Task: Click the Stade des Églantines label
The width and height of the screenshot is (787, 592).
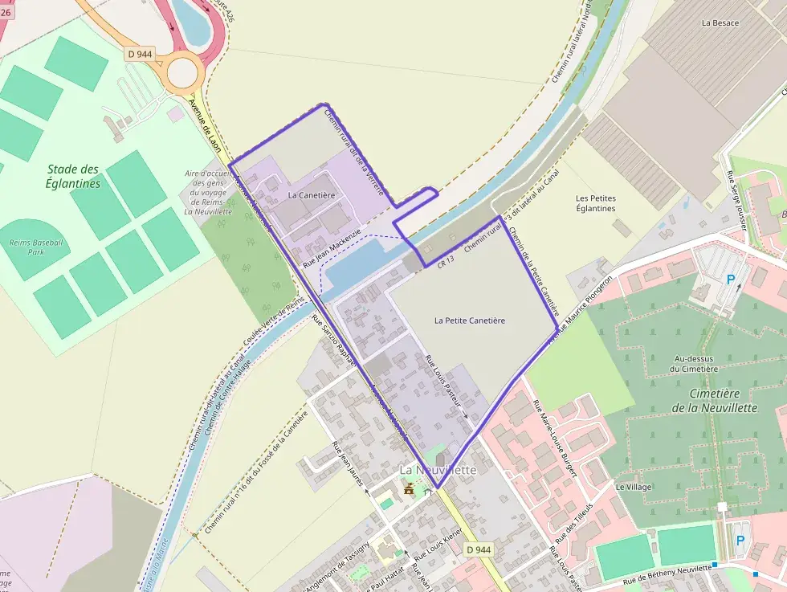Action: (x=73, y=176)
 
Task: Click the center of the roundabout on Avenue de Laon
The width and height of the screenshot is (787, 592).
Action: (x=183, y=72)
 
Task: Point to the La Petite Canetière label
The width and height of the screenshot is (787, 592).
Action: (x=470, y=320)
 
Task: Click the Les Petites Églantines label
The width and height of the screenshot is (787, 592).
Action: (x=596, y=203)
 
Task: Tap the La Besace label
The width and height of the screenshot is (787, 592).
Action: (x=720, y=23)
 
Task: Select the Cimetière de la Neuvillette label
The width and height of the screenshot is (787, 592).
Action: (x=723, y=400)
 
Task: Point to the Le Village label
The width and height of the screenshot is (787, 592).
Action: (x=634, y=487)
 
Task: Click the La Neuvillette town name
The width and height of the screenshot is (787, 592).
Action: (x=438, y=469)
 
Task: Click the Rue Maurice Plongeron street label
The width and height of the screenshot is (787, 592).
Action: (x=581, y=308)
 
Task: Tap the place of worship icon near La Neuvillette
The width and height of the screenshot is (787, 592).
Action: (x=410, y=488)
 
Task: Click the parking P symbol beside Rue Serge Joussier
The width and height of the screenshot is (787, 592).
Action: (x=730, y=280)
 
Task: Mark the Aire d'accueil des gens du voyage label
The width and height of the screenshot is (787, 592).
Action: (x=208, y=192)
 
